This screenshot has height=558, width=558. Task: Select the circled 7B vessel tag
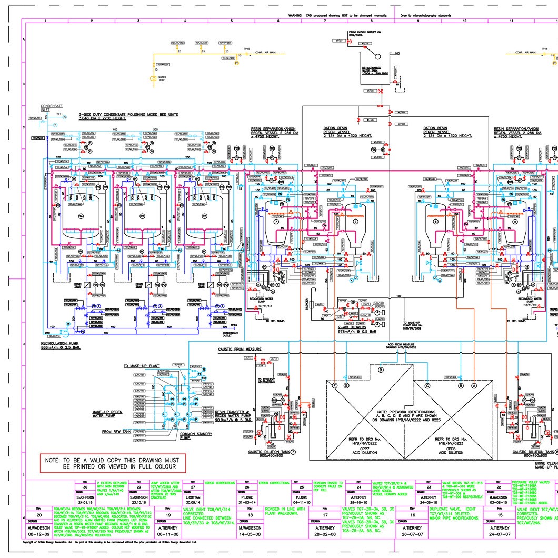click(142, 216)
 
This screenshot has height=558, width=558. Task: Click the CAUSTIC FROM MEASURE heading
click(240, 348)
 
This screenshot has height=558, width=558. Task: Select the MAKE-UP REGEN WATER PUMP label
click(107, 414)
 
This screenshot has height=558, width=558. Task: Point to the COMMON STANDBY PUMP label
click(196, 435)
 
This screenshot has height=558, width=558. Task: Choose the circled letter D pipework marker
click(381, 370)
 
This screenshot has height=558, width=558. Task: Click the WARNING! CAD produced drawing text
click(337, 16)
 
